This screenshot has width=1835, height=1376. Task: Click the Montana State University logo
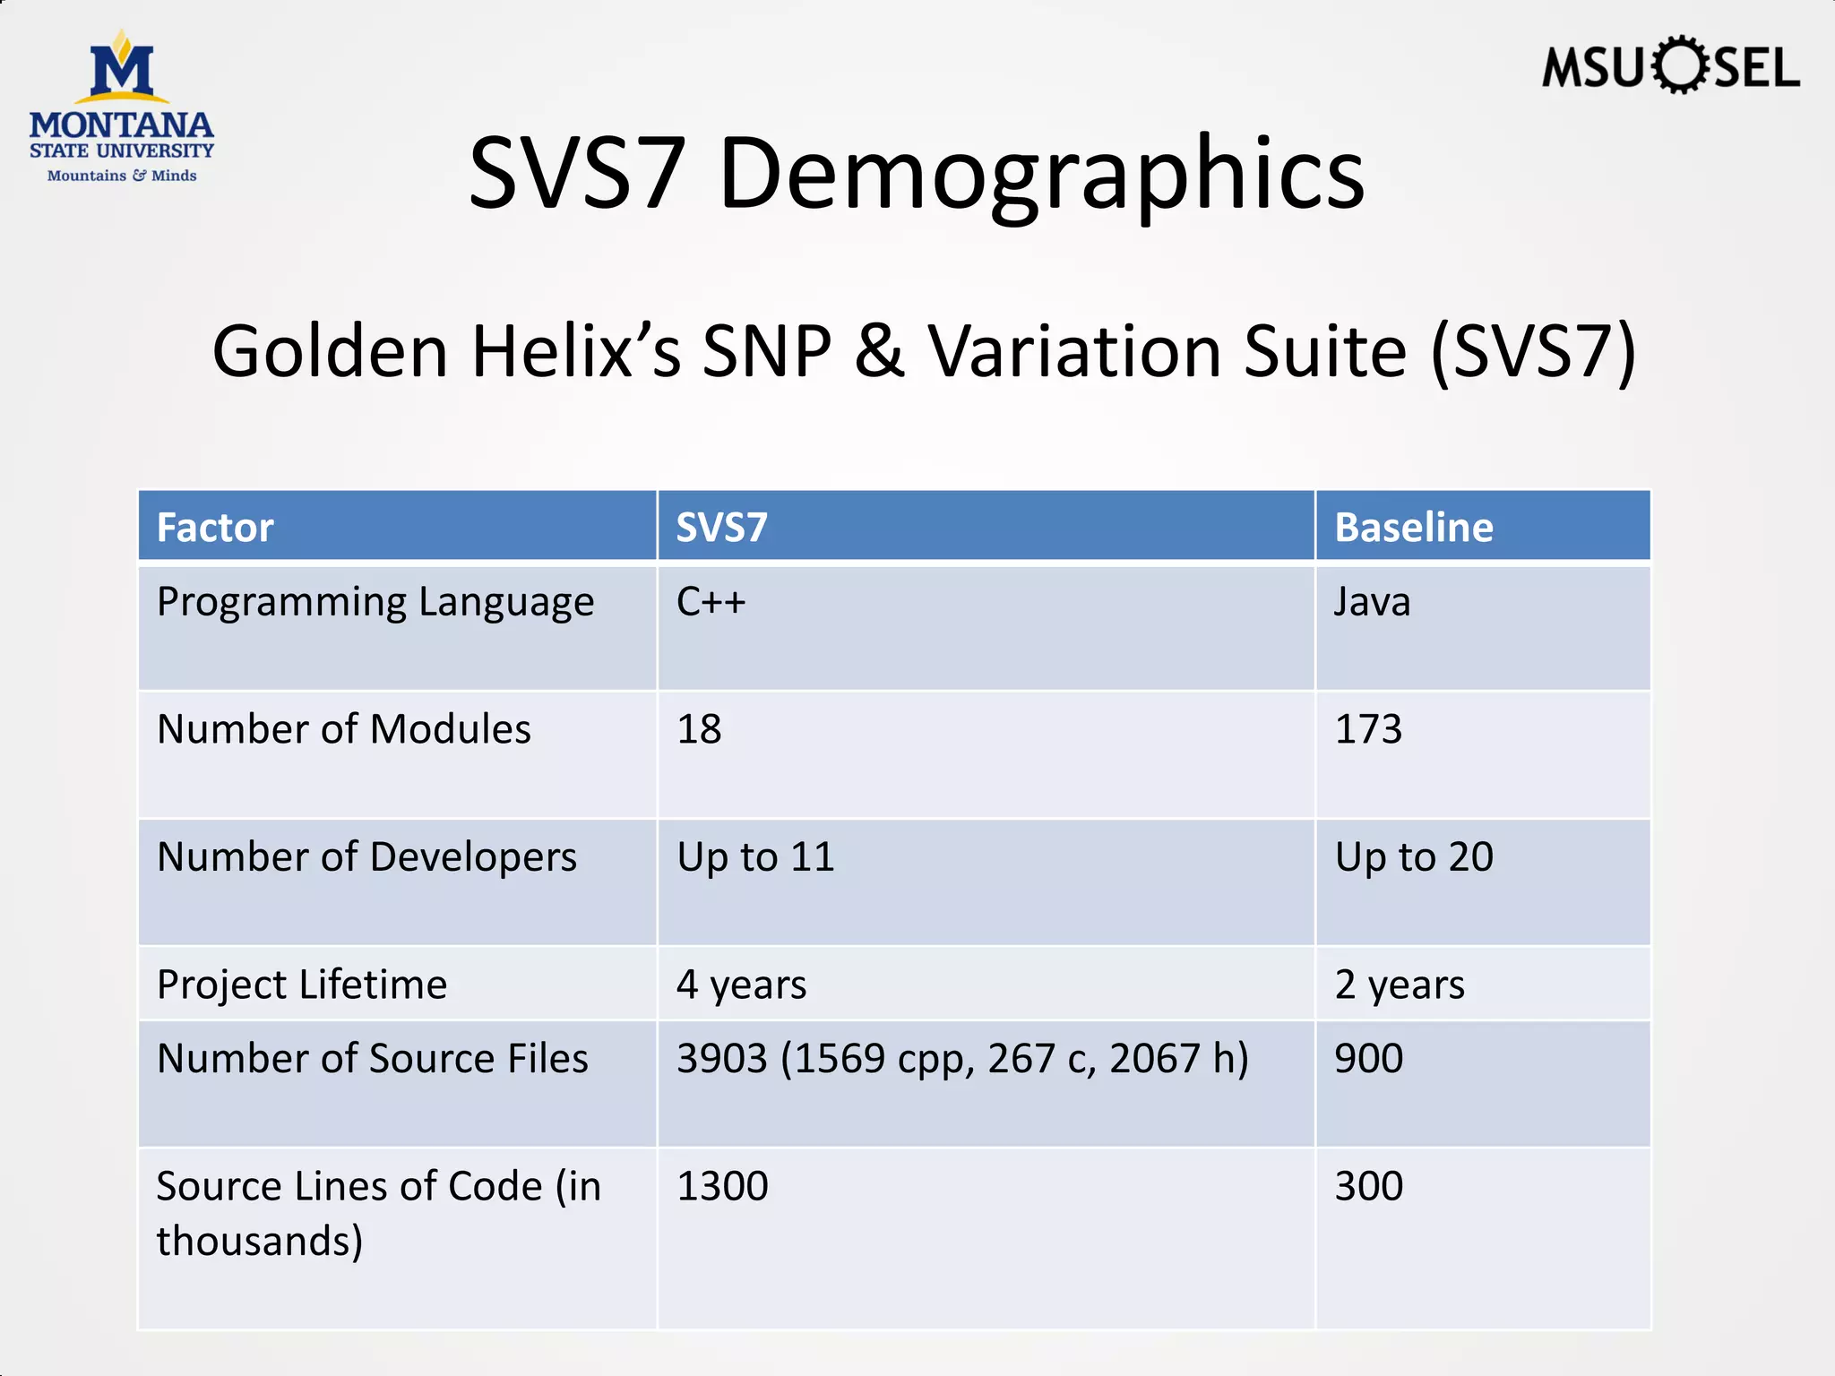click(x=122, y=107)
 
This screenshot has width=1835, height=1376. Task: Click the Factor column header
click(x=215, y=527)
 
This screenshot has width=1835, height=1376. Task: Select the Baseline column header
click(x=1413, y=527)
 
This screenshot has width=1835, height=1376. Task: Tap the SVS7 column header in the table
click(x=721, y=527)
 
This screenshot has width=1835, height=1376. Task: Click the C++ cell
click(x=711, y=601)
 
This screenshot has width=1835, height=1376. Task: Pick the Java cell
click(x=1372, y=601)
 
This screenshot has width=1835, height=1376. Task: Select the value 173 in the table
click(x=1368, y=728)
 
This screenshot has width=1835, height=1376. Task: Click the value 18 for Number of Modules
click(x=699, y=728)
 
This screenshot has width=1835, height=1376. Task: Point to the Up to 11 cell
click(x=755, y=856)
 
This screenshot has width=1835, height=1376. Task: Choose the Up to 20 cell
click(x=1414, y=856)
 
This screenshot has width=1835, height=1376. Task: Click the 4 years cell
click(x=741, y=985)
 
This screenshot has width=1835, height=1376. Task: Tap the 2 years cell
click(x=1400, y=985)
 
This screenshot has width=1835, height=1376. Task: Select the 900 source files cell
click(x=1368, y=1058)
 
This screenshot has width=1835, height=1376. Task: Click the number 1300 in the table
click(x=722, y=1186)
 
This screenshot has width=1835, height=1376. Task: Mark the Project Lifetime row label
click(x=302, y=985)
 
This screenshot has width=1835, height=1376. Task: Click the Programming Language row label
click(x=375, y=602)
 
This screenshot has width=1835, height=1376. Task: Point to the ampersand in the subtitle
click(x=879, y=352)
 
